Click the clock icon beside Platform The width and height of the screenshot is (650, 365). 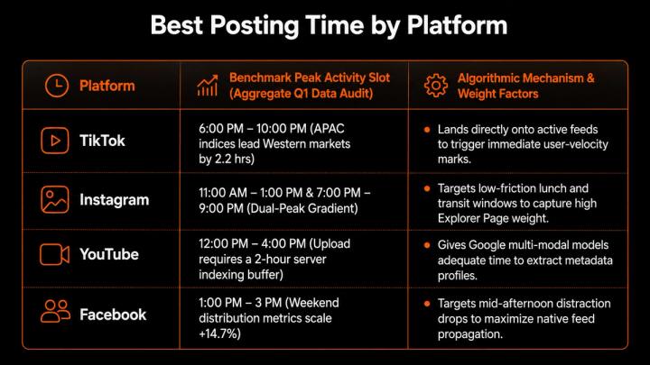tap(57, 86)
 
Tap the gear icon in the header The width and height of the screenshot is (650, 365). tap(436, 86)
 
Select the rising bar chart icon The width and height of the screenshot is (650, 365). tap(208, 86)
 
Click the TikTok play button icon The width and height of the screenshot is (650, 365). tap(55, 141)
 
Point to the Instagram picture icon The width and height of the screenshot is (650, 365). tap(55, 199)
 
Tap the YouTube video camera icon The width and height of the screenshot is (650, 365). tap(55, 254)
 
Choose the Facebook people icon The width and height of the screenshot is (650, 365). tap(55, 311)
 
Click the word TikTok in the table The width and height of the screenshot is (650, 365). tap(102, 141)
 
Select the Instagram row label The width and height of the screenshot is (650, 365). tap(115, 200)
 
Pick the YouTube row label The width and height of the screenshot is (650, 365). tap(109, 254)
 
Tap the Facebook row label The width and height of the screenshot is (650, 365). tap(113, 315)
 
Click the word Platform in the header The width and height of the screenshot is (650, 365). tap(107, 87)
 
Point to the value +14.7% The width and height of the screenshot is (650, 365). tap(219, 333)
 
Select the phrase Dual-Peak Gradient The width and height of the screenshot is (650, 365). tap(302, 208)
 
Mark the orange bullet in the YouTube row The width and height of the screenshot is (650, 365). tap(427, 245)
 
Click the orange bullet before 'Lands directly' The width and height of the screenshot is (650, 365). tap(427, 130)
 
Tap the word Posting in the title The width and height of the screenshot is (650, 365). tap(254, 25)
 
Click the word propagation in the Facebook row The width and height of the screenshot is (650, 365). tap(470, 334)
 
